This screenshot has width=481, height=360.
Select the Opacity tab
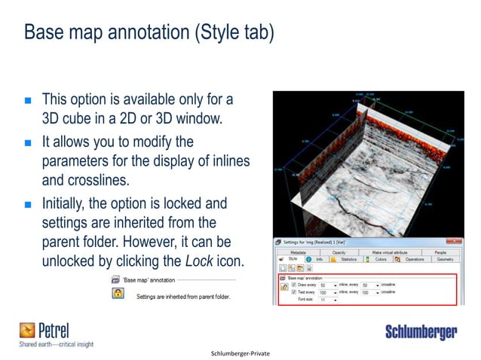[x=339, y=252]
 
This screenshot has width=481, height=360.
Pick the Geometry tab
[x=445, y=260]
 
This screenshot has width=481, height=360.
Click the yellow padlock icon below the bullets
[x=118, y=294]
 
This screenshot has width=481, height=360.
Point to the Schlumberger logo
[x=421, y=331]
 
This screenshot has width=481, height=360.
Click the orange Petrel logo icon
[x=27, y=329]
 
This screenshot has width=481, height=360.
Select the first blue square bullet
[x=28, y=99]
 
